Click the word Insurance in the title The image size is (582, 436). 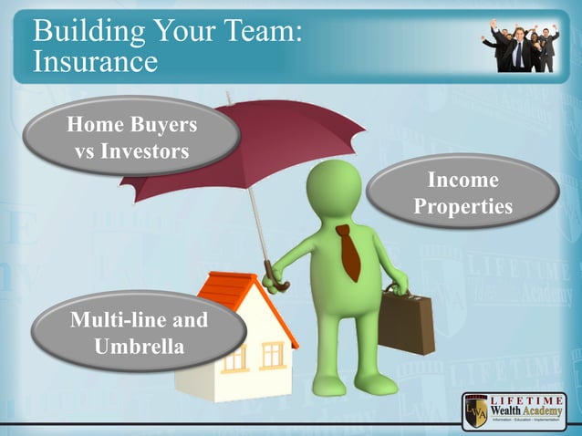click(x=95, y=62)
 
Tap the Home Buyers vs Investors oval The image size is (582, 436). click(x=131, y=136)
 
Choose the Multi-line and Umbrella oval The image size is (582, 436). click(x=139, y=333)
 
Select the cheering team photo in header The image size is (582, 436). click(x=519, y=45)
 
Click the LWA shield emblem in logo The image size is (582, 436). click(x=477, y=412)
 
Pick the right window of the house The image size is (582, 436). click(x=273, y=354)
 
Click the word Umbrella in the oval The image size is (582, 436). click(x=139, y=347)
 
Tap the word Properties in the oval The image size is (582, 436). click(x=462, y=207)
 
